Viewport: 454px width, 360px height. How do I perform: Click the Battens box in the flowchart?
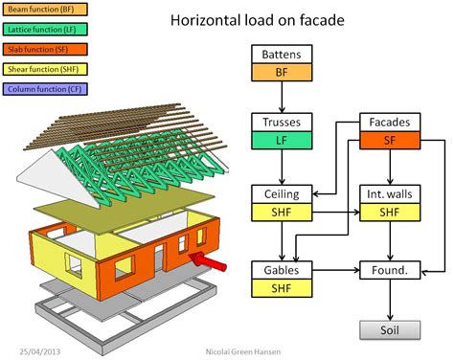pos(280,55)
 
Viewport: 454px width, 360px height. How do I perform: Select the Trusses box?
pos(280,123)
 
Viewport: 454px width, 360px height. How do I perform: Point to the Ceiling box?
pos(280,193)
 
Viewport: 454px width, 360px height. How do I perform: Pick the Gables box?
pos(280,269)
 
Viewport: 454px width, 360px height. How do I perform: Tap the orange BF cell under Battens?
pos(280,71)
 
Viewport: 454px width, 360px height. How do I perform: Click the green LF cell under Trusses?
pos(280,140)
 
